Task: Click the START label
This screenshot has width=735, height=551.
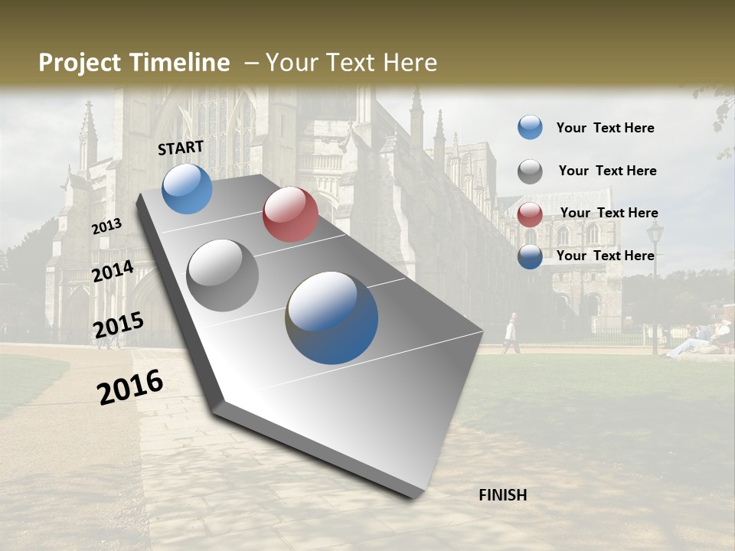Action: coord(181,148)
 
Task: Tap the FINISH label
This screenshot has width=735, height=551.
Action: coord(503,495)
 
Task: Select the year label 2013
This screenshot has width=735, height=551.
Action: coord(106,227)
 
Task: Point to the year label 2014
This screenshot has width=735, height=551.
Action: coord(113,272)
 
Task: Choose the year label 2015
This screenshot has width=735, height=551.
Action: coord(118,325)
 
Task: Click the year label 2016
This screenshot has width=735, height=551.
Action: coord(130,386)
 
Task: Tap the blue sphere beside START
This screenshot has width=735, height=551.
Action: coord(187,188)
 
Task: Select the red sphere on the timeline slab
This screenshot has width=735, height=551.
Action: coord(290,214)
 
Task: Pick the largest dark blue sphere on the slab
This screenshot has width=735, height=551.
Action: coord(332,318)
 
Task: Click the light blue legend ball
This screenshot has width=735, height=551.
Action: coord(530,128)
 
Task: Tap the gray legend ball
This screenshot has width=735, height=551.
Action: coord(530,171)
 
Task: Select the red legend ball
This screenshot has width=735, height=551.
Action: coord(530,214)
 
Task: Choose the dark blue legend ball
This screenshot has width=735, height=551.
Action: coord(530,257)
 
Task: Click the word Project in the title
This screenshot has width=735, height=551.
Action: coord(80,63)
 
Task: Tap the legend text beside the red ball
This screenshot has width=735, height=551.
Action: coord(609,213)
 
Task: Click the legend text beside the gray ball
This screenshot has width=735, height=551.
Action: coord(607,171)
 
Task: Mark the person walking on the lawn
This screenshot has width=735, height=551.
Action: coord(511,334)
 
